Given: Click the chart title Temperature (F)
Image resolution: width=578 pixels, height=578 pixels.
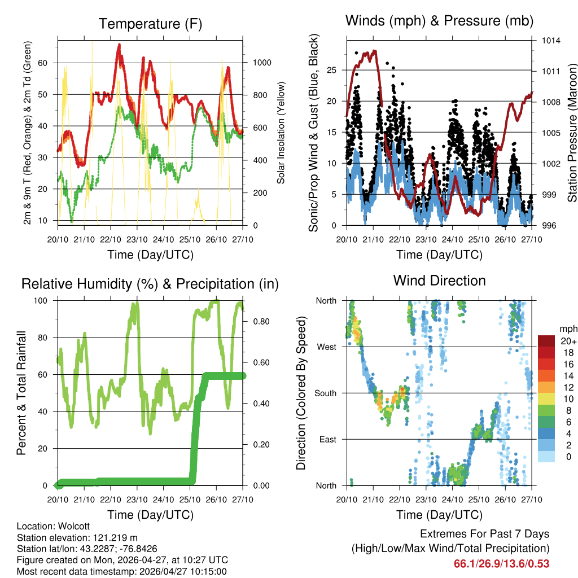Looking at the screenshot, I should pyautogui.click(x=150, y=24).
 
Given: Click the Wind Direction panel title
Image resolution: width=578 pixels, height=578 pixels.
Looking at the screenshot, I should pyautogui.click(x=439, y=281).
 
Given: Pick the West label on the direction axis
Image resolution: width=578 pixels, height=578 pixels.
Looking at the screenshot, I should pyautogui.click(x=326, y=347).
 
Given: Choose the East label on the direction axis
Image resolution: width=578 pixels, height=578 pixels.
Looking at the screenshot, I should pyautogui.click(x=327, y=439).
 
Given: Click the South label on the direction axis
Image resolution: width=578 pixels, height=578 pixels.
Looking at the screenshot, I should pyautogui.click(x=325, y=393).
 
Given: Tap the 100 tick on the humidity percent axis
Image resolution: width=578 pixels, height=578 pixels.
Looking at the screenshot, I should pyautogui.click(x=46, y=300).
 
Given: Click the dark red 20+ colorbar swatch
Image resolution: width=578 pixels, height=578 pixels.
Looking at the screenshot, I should pyautogui.click(x=546, y=341).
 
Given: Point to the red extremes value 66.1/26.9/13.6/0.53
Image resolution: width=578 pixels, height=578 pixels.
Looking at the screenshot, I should pyautogui.click(x=501, y=563).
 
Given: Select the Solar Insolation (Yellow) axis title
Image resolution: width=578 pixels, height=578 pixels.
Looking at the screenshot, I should pyautogui.click(x=281, y=133).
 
